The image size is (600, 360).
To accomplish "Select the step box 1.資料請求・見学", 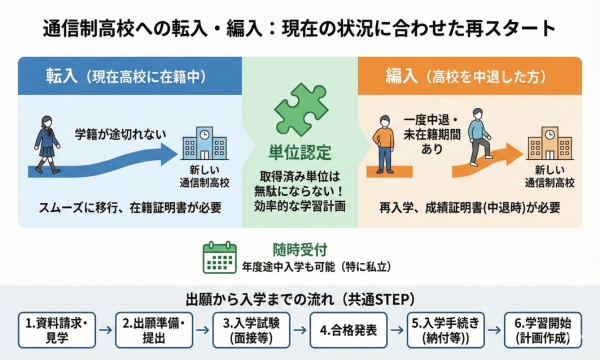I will pos(58,329).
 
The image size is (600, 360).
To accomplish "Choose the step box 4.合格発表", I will pos(346,329).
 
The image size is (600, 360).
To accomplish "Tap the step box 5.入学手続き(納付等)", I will pos(443,329).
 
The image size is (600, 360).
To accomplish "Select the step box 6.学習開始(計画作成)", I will pos(540,329).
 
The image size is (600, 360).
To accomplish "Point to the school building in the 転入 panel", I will pos(205,144).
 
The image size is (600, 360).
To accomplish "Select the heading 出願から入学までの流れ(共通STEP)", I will pos(300,299).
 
